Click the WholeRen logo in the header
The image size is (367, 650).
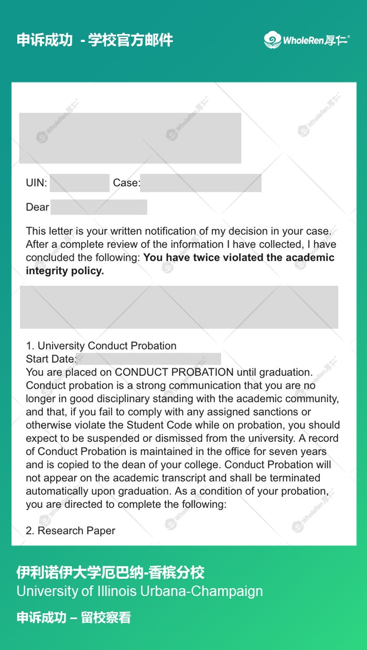pos(307,40)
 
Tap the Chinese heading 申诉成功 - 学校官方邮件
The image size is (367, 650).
pos(95,40)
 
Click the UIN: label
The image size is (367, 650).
pos(37,183)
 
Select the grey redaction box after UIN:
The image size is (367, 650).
pos(80,183)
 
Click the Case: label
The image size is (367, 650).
pos(126,183)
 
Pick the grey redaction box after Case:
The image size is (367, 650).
pos(201,183)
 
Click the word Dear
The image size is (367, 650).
pos(37,207)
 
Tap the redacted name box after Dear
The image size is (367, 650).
pos(99,207)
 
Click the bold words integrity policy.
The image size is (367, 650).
pos(65,271)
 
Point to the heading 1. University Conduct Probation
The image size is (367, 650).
pos(101,345)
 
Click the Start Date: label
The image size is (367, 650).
pos(51,359)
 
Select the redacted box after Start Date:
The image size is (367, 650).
pos(149,359)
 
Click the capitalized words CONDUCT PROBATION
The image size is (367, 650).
pos(174,372)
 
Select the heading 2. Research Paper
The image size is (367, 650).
pos(70,530)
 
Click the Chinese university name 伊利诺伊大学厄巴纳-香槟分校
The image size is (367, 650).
pos(110,572)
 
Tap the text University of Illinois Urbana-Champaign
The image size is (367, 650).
pos(139,591)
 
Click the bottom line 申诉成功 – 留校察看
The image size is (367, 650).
pos(73,617)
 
